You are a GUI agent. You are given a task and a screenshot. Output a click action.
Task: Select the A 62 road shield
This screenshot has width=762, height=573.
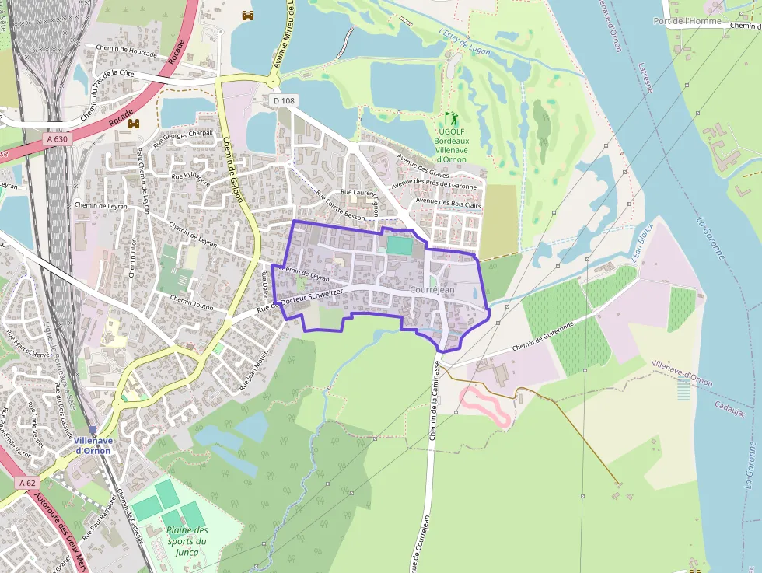point(26,483)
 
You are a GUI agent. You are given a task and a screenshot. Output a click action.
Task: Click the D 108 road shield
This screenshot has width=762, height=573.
point(285,101)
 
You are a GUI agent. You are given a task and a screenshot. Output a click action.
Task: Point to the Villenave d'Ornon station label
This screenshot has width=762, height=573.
point(93,445)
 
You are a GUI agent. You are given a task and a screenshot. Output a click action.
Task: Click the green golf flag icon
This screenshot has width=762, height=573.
point(450,119)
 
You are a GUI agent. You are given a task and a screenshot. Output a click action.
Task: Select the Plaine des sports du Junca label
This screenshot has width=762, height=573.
point(187,541)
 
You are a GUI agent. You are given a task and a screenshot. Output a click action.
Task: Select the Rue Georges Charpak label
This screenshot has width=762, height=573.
point(183,138)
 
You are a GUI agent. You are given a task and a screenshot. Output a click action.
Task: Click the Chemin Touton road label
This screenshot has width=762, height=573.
point(191,303)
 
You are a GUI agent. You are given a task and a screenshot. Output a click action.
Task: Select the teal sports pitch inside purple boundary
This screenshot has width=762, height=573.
point(399,245)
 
